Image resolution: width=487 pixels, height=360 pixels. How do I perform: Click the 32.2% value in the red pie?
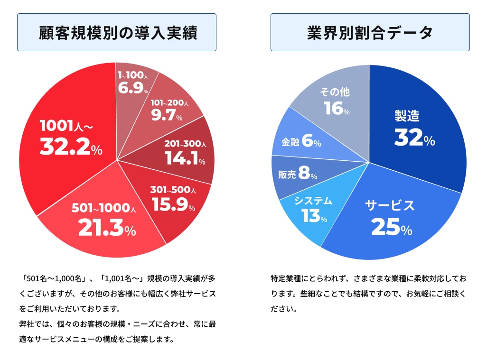[71, 146]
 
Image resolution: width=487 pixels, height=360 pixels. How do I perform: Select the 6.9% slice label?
[133, 88]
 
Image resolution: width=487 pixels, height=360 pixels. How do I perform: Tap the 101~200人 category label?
[169, 103]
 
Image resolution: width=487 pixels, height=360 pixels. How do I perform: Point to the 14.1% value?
[185, 158]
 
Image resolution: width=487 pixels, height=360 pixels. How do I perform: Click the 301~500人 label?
[173, 190]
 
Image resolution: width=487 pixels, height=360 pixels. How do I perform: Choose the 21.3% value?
[107, 228]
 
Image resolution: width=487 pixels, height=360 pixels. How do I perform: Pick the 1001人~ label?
[66, 126]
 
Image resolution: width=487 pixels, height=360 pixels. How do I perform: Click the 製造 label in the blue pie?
[407, 116]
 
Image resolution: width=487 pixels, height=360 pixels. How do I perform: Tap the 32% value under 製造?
[415, 137]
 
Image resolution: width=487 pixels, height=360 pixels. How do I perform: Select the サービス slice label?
[390, 205]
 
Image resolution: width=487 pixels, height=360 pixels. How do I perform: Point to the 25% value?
[392, 227]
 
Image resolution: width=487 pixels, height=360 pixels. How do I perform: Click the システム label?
[313, 201]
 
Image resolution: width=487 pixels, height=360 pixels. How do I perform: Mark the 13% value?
[314, 216]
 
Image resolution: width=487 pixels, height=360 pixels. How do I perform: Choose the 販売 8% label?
[298, 173]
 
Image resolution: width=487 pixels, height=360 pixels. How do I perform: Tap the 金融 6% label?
[301, 140]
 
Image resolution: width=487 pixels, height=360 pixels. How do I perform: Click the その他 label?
[335, 92]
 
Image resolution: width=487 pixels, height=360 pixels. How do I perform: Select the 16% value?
[337, 108]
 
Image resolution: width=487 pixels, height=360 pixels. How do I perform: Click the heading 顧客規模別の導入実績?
[118, 33]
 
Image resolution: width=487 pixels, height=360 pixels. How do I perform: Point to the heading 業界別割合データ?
[370, 33]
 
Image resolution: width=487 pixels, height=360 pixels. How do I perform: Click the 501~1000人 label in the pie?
[104, 208]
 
